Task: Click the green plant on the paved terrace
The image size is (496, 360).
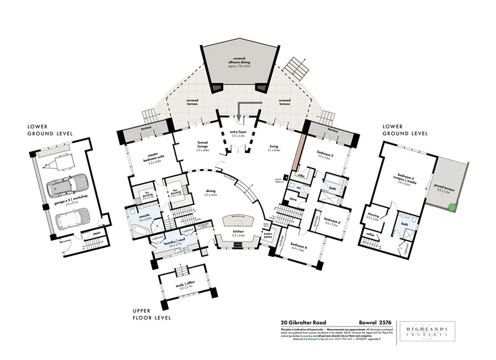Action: tap(454, 207)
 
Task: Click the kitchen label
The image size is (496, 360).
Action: tap(239, 234)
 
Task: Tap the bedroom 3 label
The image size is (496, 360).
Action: tap(334, 222)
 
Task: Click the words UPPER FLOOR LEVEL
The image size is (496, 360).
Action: tap(152, 314)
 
